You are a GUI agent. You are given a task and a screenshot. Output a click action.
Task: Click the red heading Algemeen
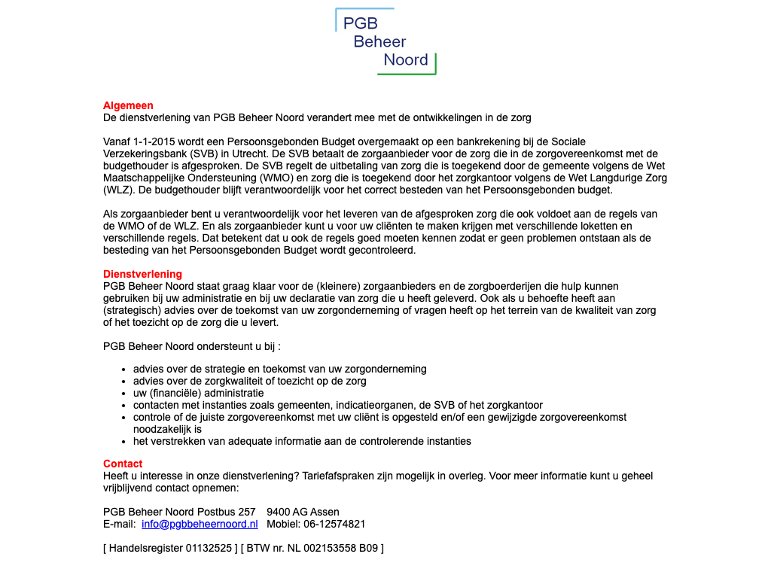click(128, 106)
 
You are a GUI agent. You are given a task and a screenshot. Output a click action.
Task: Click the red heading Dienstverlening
click(142, 274)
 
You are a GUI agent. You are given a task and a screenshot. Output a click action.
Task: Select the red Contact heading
click(123, 464)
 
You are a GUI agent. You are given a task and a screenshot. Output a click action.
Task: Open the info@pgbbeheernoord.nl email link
click(200, 524)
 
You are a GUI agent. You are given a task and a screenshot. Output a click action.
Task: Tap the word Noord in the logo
click(405, 60)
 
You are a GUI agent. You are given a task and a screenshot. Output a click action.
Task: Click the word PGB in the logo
click(360, 23)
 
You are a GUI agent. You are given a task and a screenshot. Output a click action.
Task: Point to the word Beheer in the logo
click(379, 42)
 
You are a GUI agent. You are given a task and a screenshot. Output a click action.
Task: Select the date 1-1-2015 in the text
click(156, 141)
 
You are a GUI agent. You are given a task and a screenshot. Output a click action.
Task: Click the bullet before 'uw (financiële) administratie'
click(123, 394)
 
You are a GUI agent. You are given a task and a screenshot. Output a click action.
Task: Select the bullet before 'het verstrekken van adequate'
click(123, 442)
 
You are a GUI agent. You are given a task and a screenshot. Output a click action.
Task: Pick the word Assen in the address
click(325, 512)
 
